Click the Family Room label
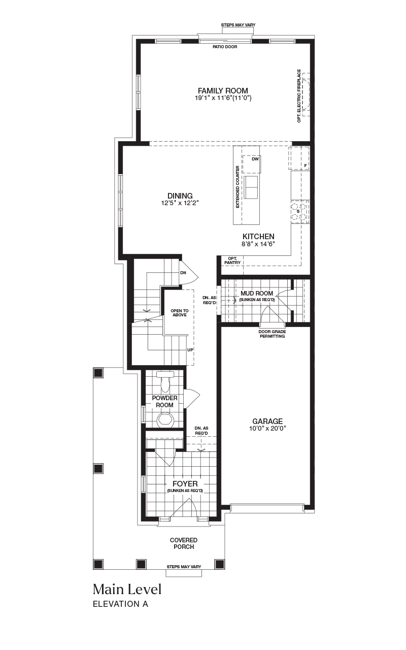point(223,90)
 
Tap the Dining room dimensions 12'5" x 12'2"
point(180,203)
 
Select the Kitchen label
point(258,237)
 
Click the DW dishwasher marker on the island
point(255,159)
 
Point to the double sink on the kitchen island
point(251,187)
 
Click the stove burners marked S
point(298,212)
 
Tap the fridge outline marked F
point(298,158)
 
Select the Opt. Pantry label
point(232,261)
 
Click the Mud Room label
point(257,294)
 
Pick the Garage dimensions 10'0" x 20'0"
point(267,429)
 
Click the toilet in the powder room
point(164,382)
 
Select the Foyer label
point(185,484)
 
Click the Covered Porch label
point(184,543)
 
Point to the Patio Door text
point(225,47)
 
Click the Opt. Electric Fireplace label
point(299,96)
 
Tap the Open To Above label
point(180,313)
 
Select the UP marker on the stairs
point(190,350)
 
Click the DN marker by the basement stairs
point(183,273)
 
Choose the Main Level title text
point(127,590)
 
